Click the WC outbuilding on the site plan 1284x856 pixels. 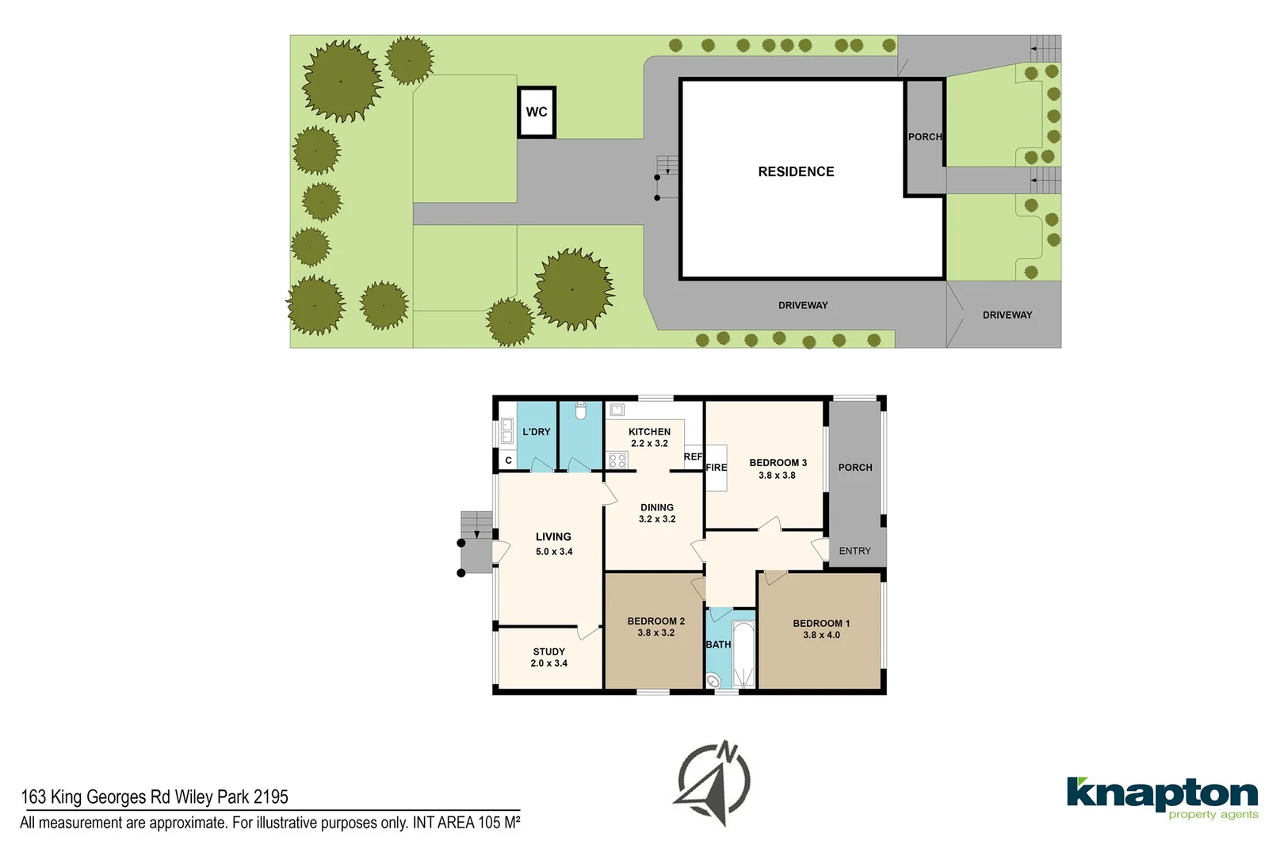click(x=537, y=112)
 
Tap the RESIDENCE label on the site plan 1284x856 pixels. click(x=796, y=172)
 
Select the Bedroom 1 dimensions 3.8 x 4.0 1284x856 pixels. click(x=821, y=635)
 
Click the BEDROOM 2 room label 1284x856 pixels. click(x=655, y=621)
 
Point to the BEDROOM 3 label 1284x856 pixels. click(x=778, y=463)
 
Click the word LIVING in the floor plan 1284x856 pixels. click(x=553, y=537)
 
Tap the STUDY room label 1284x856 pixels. click(x=548, y=652)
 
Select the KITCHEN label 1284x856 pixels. click(x=649, y=432)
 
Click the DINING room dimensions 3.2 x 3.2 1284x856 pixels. click(x=657, y=519)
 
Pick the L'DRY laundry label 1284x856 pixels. click(x=537, y=432)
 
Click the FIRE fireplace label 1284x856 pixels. click(x=717, y=468)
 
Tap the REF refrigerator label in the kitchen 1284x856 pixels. click(x=693, y=457)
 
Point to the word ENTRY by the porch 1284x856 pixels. click(x=854, y=551)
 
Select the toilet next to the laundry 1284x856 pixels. click(x=580, y=411)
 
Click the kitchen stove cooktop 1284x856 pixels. click(x=617, y=460)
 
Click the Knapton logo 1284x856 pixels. click(x=1162, y=797)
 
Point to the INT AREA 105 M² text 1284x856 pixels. click(x=466, y=823)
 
